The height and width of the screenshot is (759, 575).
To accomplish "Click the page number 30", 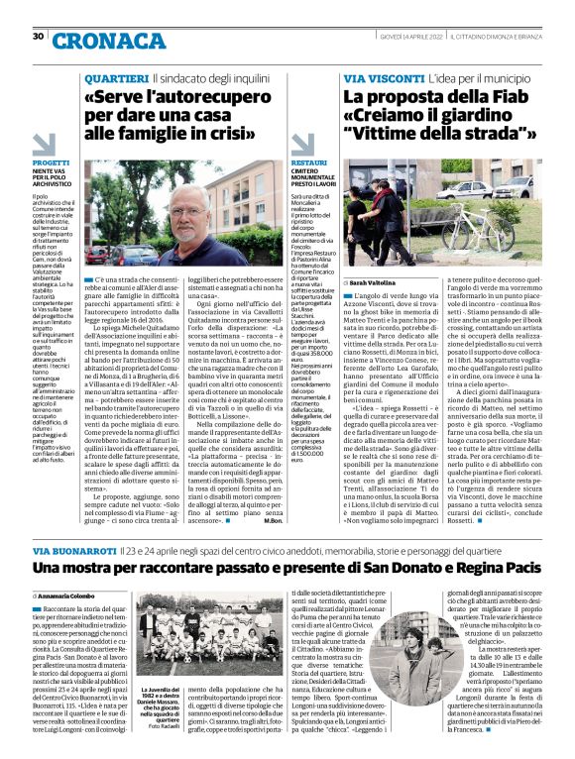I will point(38,37).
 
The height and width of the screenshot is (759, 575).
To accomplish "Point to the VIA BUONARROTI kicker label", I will point(74,550).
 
